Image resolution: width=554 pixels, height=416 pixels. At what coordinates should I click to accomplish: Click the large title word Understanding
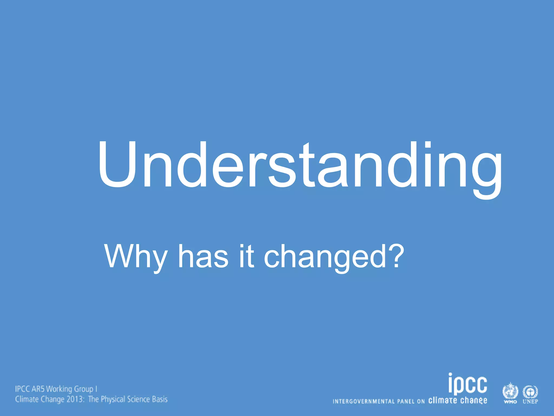300,166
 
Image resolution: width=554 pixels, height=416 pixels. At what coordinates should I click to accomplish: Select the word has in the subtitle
203,256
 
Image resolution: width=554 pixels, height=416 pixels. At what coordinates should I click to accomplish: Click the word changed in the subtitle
325,256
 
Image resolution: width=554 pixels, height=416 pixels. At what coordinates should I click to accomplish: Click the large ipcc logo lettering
468,383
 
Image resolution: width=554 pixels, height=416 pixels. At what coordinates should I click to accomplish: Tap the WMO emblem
510,392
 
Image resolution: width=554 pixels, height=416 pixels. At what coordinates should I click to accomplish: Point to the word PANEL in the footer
406,401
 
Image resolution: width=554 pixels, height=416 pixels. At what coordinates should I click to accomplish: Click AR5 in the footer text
38,389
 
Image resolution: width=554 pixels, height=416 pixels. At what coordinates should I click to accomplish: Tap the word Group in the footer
84,389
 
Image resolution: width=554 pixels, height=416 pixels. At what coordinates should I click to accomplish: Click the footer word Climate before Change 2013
27,399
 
